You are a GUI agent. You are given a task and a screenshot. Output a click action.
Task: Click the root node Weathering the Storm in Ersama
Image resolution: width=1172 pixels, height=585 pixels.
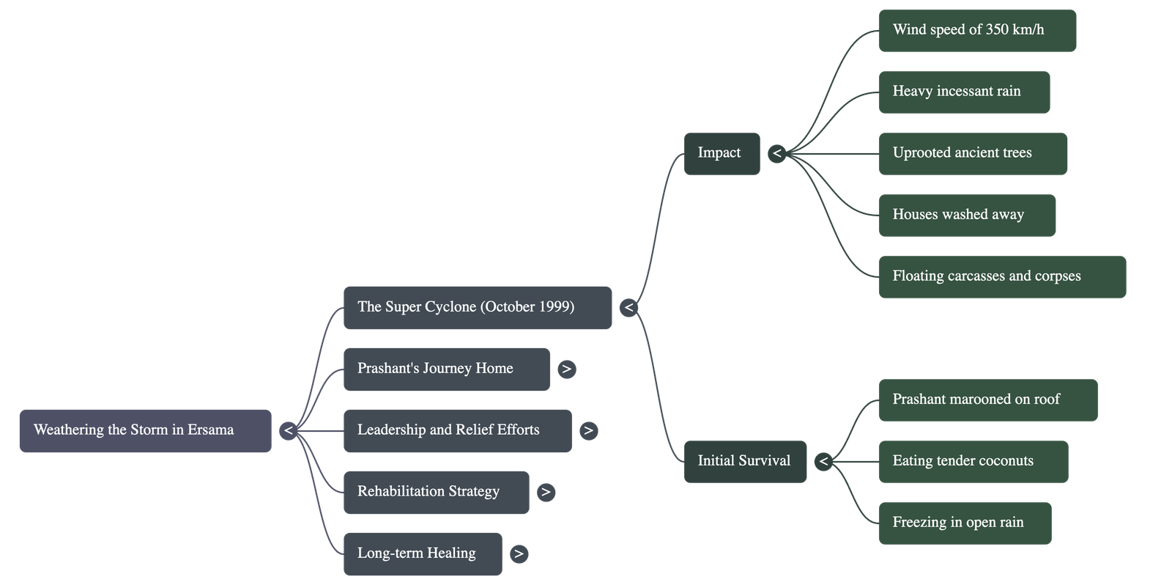point(145,430)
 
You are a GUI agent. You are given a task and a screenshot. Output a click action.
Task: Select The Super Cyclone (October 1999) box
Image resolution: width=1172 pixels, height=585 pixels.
point(477,307)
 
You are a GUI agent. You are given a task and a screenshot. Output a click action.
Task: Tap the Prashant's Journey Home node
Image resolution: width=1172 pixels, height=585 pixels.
point(446,369)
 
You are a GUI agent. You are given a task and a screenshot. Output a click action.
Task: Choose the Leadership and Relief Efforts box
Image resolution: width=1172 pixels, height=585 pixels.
point(457,430)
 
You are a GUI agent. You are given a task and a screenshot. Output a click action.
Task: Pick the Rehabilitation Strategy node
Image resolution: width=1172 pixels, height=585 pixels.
point(436,492)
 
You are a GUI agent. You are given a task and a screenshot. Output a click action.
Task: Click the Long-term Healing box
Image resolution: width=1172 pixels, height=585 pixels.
point(423,553)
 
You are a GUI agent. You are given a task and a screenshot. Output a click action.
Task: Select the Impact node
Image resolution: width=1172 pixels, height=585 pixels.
point(722,153)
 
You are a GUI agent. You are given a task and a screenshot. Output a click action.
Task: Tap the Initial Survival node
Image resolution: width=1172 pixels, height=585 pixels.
point(745,461)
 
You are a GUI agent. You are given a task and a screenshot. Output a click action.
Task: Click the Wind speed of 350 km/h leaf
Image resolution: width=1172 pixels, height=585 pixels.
point(977,30)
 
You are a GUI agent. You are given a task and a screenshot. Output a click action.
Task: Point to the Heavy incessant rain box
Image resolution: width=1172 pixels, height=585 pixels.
point(964,92)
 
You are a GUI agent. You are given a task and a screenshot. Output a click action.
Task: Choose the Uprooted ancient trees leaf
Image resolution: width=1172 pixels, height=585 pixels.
point(973,153)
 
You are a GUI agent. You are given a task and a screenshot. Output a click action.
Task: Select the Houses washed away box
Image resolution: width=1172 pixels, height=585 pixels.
point(967,215)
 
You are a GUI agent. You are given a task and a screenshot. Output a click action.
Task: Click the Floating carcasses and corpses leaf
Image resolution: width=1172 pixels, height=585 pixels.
point(1002,276)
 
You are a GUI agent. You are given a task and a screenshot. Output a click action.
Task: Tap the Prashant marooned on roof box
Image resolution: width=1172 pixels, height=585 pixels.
point(987,400)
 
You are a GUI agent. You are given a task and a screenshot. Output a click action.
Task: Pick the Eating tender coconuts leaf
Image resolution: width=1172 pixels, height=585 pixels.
point(973,461)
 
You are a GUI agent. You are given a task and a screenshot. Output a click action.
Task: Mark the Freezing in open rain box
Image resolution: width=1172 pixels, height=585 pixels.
point(965,523)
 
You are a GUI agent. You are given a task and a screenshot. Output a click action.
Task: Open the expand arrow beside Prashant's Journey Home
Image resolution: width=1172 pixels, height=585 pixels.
point(566,369)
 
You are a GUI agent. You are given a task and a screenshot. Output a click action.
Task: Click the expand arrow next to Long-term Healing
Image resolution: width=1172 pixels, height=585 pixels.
point(519,553)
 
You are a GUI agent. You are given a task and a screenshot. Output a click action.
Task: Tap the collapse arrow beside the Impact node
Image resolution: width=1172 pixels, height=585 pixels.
point(776,153)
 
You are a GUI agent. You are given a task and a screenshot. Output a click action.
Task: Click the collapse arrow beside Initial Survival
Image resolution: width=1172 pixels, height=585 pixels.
point(823,461)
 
